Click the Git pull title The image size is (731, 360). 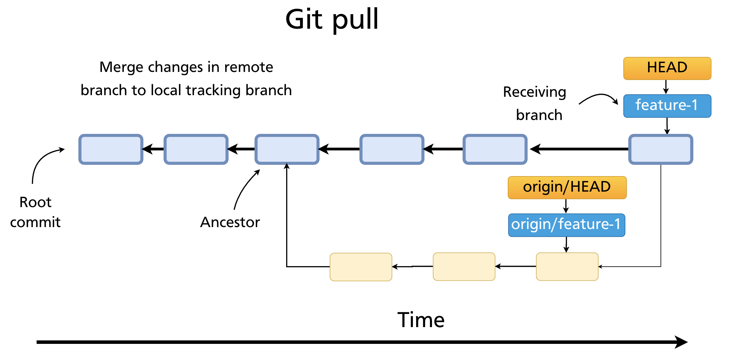[332, 19]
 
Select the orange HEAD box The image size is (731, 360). [667, 68]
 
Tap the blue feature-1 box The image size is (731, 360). [667, 105]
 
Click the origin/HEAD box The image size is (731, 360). [567, 187]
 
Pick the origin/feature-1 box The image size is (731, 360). [566, 225]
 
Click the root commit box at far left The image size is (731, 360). [111, 149]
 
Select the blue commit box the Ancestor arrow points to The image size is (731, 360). [287, 149]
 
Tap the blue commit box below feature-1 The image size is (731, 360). [661, 149]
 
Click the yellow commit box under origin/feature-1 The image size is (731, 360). [567, 266]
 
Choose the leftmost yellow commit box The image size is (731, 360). [361, 267]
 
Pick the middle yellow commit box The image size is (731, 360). [464, 266]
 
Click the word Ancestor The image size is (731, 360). [230, 222]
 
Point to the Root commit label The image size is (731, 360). [35, 212]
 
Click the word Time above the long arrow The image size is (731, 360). [421, 320]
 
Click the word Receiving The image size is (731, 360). [535, 92]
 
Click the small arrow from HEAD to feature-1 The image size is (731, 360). [666, 87]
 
